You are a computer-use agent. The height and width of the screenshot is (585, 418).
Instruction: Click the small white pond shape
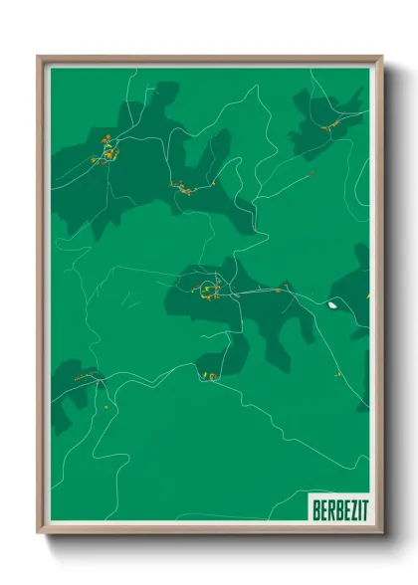pos(332,304)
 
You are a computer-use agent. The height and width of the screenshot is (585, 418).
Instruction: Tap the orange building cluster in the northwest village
pos(104,154)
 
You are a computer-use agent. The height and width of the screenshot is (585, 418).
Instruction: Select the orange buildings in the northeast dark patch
pos(327,123)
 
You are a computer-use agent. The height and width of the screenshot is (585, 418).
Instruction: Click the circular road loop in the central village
pos(208,290)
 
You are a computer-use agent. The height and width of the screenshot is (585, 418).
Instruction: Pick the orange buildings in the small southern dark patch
pos(210,375)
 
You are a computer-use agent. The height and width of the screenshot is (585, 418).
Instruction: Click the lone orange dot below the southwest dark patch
pos(105,406)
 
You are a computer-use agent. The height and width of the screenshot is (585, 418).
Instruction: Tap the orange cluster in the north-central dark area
pos(184,187)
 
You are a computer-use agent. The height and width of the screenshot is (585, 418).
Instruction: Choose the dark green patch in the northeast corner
pos(328,119)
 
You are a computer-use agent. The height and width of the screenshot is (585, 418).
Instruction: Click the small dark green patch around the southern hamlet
pos(221,360)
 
